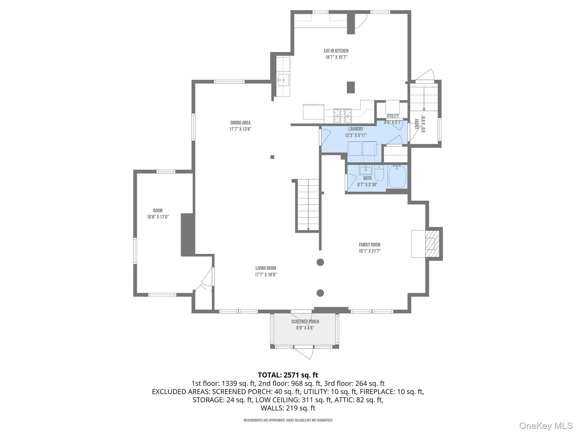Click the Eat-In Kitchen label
coord(336,51)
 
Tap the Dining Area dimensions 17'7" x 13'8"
coord(240,129)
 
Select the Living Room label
coord(265,268)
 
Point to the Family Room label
coord(369,245)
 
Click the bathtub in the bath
coord(397,177)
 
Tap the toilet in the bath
coord(379,174)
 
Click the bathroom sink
coord(365,170)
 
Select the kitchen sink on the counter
coord(283,80)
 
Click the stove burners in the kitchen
coord(342,116)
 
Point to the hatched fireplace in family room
coord(432,244)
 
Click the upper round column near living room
coord(320,262)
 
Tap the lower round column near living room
coord(320,293)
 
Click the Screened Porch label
coord(305,321)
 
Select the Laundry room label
coord(356,129)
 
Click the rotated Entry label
coord(417,124)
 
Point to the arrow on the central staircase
coord(308,228)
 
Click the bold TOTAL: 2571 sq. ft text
coord(288,375)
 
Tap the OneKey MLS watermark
coord(546,426)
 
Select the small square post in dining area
coord(272,157)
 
